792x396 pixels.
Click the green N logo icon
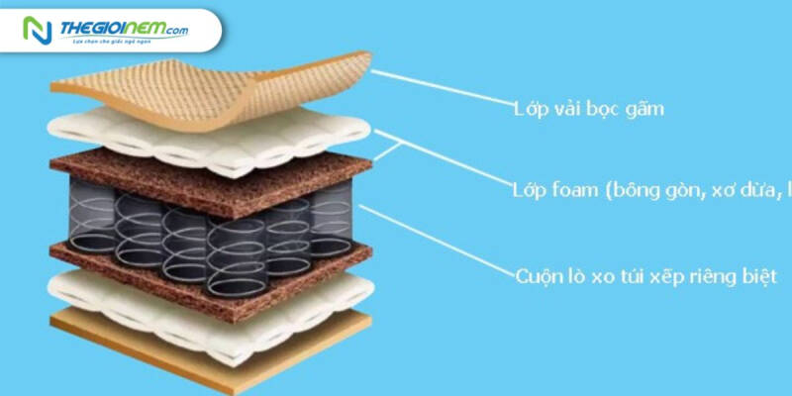(36, 30)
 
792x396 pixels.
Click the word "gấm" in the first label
(643, 109)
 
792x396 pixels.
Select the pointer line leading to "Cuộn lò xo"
(436, 238)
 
